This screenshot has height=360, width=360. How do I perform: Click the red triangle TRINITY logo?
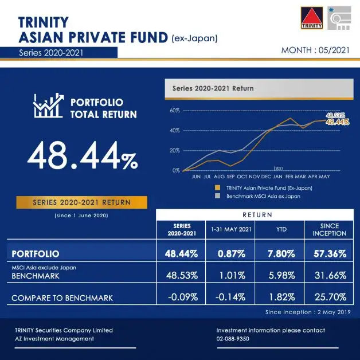(x=312, y=18)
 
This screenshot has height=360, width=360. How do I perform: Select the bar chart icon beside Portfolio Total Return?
(x=48, y=107)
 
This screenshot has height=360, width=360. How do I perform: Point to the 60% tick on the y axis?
(x=175, y=110)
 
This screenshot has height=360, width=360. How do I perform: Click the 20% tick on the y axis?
(x=175, y=150)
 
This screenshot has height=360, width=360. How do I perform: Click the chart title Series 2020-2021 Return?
(x=213, y=89)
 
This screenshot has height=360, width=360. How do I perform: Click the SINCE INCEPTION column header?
(x=330, y=230)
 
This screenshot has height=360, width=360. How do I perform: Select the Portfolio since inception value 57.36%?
(x=330, y=253)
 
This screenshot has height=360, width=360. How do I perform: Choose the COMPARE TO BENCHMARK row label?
(x=62, y=298)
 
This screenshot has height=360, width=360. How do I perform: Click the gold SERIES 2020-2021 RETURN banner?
(x=81, y=202)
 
